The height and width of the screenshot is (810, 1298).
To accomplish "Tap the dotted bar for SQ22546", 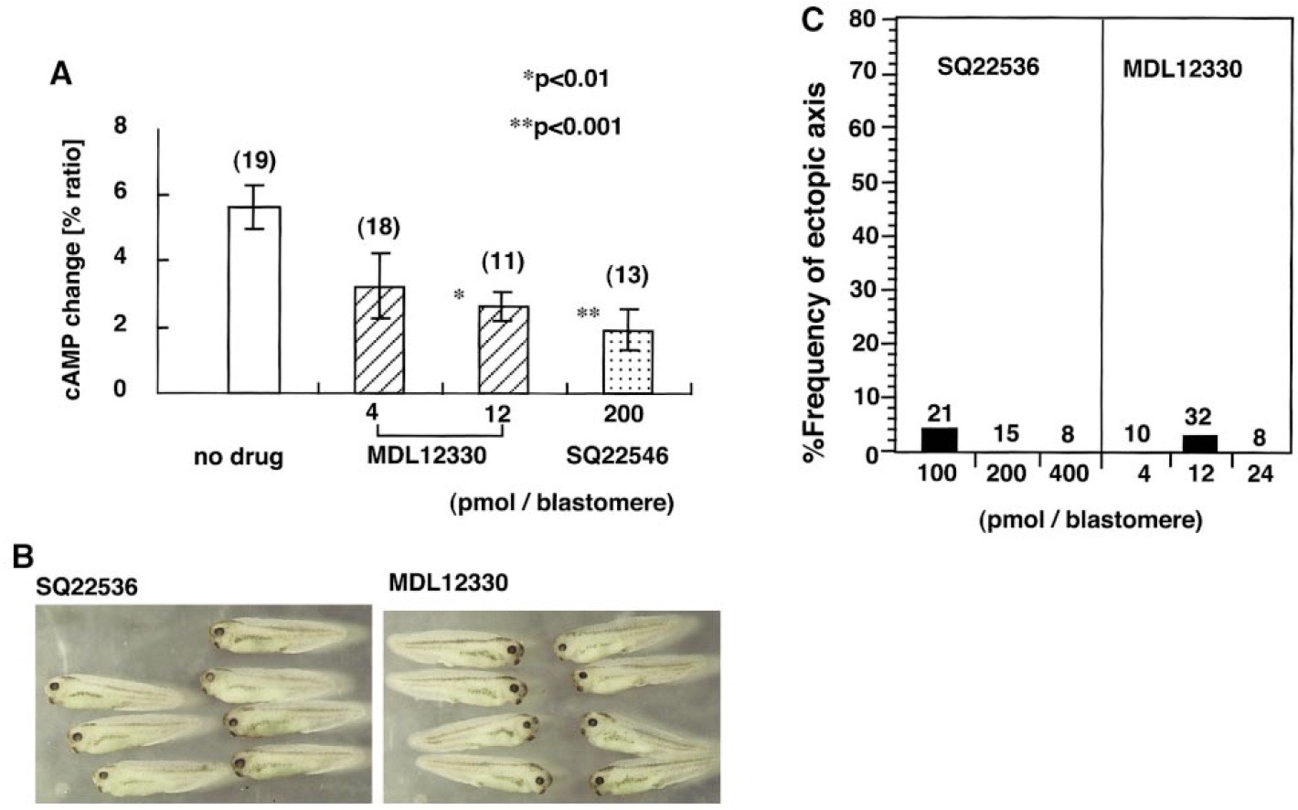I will pos(627,362).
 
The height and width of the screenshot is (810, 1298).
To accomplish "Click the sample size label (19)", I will pos(253,161).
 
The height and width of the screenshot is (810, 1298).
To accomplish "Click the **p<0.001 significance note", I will pos(565,126).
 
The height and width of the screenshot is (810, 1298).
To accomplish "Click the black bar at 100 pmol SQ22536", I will pos(939,440).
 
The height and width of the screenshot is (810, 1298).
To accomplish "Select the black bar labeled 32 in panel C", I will pos(1200,443).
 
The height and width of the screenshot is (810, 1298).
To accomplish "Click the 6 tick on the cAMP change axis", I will pos(121,195).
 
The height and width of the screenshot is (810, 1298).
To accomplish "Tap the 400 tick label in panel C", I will pos(1069,474).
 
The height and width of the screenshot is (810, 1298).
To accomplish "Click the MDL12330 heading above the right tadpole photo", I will pos(448,581).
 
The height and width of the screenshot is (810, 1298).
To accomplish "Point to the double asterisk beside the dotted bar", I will pos(588,314).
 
